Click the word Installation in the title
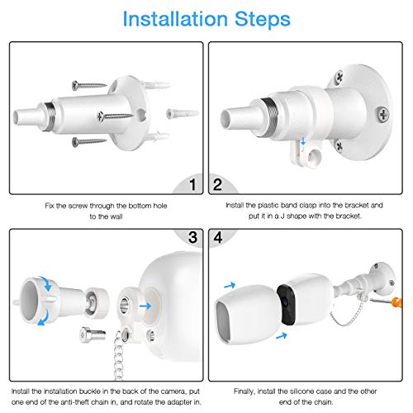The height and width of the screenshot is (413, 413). pyautogui.click(x=175, y=19)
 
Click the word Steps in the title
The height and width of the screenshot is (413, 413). pyautogui.click(x=263, y=19)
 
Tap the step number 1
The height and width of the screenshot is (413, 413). pyautogui.click(x=192, y=184)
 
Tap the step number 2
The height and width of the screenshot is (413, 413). pyautogui.click(x=217, y=184)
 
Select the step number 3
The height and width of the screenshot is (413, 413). pyautogui.click(x=192, y=237)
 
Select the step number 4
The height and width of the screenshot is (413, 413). pyautogui.click(x=218, y=237)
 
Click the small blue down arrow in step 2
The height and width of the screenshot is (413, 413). pyautogui.click(x=303, y=141)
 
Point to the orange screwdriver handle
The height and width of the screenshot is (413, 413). pyautogui.click(x=397, y=302)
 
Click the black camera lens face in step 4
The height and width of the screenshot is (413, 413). pyautogui.click(x=286, y=304)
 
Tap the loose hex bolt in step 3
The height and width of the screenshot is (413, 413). pyautogui.click(x=93, y=335)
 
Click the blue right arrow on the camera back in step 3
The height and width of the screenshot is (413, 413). pyautogui.click(x=145, y=306)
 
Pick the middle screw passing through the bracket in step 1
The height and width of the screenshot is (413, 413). pyautogui.click(x=116, y=116)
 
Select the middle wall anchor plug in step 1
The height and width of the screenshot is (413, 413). pyautogui.click(x=182, y=113)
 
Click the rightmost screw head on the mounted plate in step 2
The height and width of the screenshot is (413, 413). pyautogui.click(x=383, y=114)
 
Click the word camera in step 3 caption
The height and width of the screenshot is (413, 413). pyautogui.click(x=172, y=392)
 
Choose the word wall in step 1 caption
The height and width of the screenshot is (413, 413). pyautogui.click(x=117, y=216)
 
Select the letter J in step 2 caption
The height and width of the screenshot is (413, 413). pyautogui.click(x=282, y=216)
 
